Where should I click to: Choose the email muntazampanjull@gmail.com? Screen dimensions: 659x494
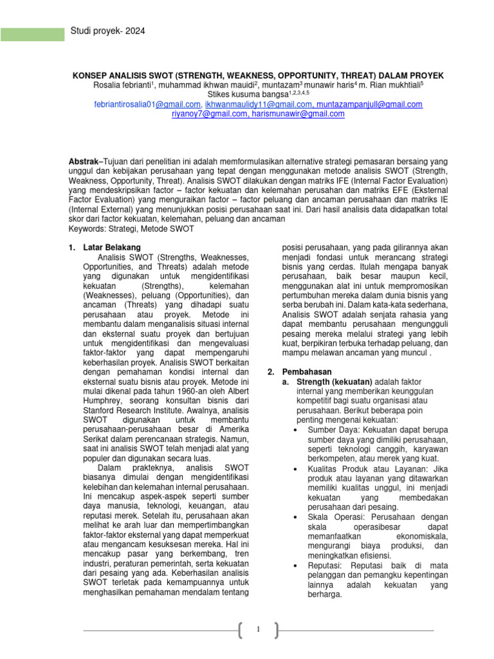tap(370, 104)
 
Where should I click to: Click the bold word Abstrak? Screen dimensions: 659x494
tap(83, 160)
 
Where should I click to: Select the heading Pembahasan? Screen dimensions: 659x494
tap(308, 371)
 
